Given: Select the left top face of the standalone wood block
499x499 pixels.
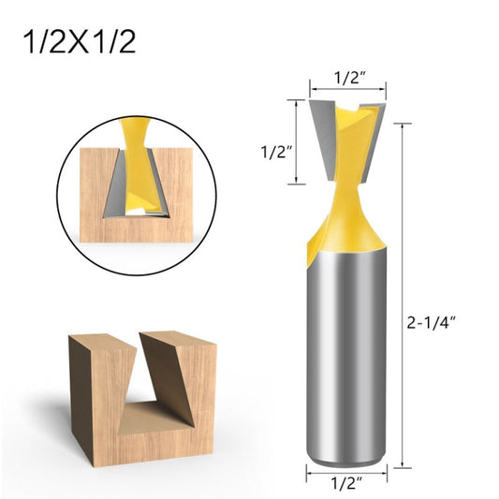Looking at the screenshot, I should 100,336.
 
